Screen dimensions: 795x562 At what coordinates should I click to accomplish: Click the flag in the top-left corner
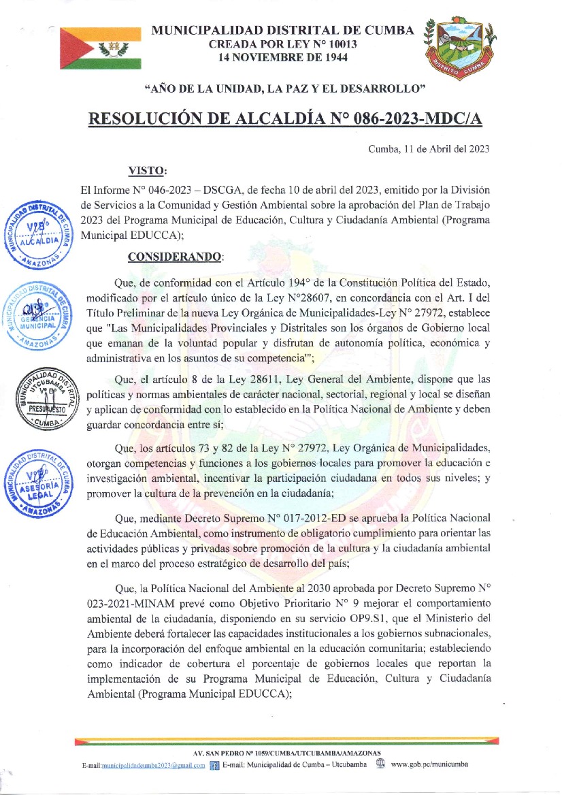point(100,48)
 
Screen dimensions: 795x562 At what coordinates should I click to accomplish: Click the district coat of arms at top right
point(460,48)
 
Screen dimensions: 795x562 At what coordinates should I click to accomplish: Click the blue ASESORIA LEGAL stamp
point(39,481)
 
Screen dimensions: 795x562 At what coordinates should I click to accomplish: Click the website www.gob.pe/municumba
point(429,764)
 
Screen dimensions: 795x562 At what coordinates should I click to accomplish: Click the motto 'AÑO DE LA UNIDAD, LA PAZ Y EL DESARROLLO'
point(285,88)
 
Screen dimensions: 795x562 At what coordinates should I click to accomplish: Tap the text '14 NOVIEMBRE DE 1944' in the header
point(282,58)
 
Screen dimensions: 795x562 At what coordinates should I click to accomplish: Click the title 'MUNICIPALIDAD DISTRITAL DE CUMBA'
point(282,31)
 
